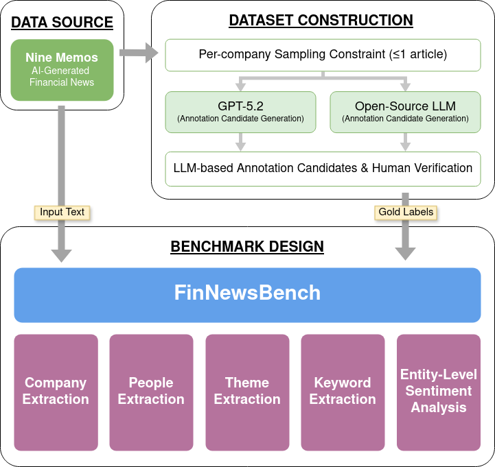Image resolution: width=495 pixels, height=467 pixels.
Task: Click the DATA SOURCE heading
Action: click(x=62, y=22)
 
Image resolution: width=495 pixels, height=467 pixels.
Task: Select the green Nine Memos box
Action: click(x=62, y=70)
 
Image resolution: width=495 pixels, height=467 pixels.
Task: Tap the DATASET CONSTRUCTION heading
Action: click(x=321, y=20)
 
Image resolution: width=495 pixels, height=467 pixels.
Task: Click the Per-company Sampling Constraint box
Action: click(x=323, y=54)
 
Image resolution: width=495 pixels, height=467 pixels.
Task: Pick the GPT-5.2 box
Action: click(x=240, y=112)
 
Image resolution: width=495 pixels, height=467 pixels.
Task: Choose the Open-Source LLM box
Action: click(x=405, y=112)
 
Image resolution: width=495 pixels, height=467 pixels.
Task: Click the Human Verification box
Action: click(x=323, y=168)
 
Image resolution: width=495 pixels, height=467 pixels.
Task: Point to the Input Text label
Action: click(x=62, y=212)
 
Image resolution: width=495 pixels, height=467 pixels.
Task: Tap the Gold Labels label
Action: click(x=406, y=212)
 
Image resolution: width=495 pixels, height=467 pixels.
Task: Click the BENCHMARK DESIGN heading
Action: click(x=247, y=246)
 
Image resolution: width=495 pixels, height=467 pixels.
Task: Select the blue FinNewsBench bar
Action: click(x=247, y=294)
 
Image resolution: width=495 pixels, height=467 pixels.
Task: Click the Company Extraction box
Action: click(x=56, y=392)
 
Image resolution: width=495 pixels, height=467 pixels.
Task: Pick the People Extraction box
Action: click(x=151, y=392)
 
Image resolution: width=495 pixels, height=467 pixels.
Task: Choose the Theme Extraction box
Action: click(x=247, y=392)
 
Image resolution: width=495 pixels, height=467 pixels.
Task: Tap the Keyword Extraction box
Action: click(x=343, y=392)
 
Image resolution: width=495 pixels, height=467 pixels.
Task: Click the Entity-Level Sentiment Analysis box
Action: click(x=439, y=392)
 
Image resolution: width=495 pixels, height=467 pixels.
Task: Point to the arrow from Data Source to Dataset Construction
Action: click(x=138, y=52)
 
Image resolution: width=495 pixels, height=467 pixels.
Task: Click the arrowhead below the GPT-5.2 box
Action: click(x=240, y=145)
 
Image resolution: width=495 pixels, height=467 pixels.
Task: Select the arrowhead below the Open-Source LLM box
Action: click(x=405, y=145)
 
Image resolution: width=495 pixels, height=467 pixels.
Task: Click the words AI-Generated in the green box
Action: click(x=62, y=71)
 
